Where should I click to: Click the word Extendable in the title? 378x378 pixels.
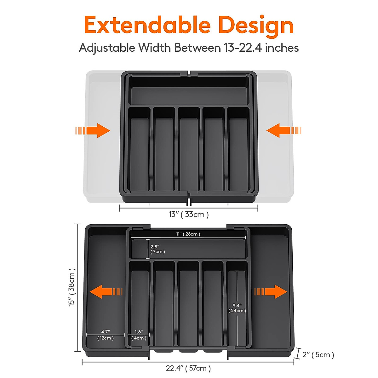pos(147,25)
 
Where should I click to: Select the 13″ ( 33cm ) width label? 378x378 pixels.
pos(188,215)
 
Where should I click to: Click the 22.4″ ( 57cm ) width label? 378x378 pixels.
pos(188,368)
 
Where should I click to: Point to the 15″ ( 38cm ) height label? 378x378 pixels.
pos(72,287)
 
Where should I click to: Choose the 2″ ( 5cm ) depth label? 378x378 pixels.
pos(318,355)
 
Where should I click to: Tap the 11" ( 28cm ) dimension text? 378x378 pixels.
pos(188,234)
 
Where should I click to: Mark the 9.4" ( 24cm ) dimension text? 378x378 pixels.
pos(237,308)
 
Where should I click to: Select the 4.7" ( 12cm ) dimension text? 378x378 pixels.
pos(105,335)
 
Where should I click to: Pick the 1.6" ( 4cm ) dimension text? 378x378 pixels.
pos(139,335)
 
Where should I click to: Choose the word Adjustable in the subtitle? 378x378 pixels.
pos(107,48)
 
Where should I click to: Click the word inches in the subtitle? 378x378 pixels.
pos(282,48)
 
